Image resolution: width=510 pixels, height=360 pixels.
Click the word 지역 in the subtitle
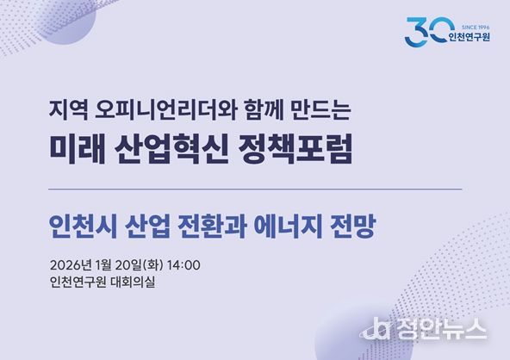tap(66, 111)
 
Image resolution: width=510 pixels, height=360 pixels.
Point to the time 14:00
tap(184, 263)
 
